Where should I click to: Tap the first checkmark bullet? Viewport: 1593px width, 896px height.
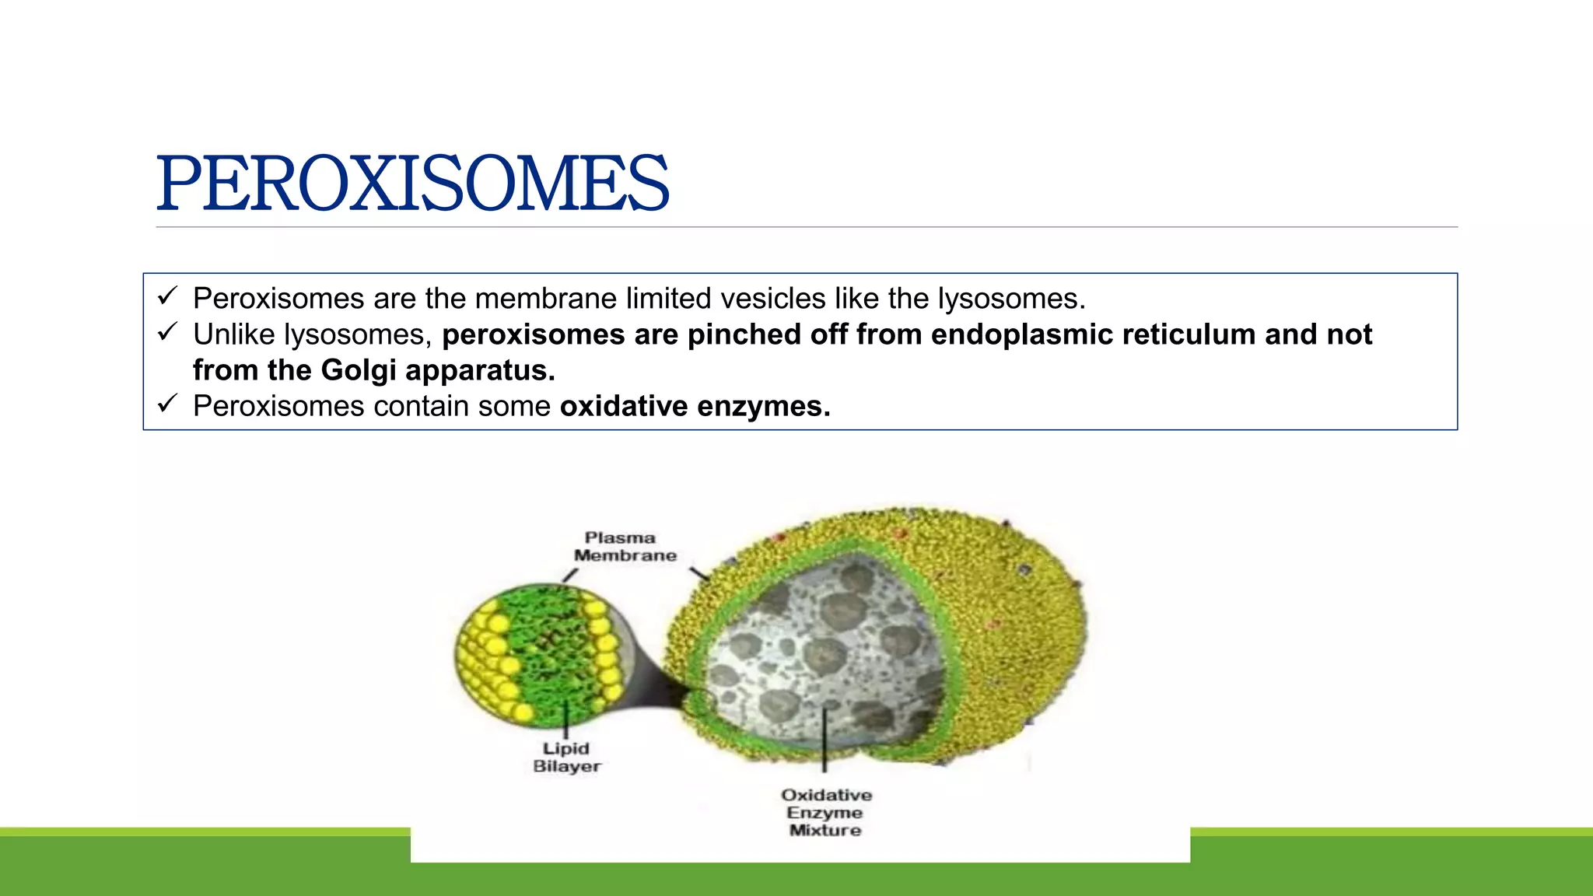(x=167, y=296)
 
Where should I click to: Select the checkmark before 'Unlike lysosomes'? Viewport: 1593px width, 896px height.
(x=167, y=332)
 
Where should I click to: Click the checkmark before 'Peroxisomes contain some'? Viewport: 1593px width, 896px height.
(x=167, y=404)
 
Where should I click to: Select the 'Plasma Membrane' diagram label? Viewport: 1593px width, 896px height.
(x=624, y=547)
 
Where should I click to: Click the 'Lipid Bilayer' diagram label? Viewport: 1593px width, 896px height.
(x=566, y=757)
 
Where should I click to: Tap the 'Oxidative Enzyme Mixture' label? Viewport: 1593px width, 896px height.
(x=826, y=812)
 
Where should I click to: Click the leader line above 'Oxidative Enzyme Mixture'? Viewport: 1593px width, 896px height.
(x=825, y=739)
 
